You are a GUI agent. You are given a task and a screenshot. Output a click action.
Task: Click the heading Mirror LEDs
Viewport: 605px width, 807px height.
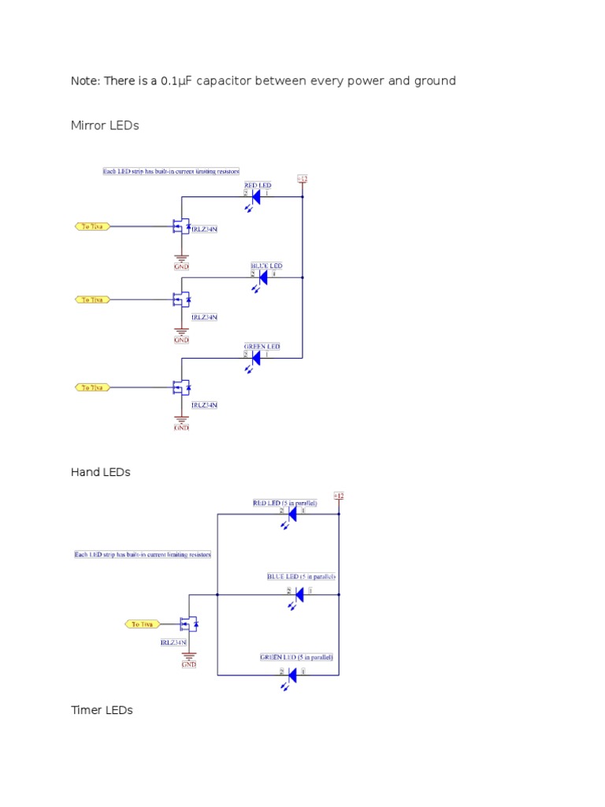click(105, 125)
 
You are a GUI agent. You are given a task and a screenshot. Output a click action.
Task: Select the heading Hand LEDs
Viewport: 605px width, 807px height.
click(100, 472)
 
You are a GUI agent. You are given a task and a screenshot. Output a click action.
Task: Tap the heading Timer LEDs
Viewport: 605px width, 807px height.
click(102, 710)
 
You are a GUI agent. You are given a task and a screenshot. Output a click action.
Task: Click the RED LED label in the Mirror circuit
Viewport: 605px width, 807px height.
click(257, 185)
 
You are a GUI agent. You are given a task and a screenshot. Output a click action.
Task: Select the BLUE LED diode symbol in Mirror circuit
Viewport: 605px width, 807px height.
click(262, 277)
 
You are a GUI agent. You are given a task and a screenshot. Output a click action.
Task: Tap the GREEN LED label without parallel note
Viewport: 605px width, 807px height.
click(261, 346)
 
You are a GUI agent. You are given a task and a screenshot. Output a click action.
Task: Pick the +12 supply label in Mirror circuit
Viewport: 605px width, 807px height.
click(302, 179)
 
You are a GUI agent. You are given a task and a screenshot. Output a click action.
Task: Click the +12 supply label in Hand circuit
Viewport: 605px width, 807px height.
click(339, 496)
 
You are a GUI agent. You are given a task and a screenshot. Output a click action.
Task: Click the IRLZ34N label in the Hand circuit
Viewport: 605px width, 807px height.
click(173, 642)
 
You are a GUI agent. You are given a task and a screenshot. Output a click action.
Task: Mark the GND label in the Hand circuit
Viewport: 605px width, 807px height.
click(189, 664)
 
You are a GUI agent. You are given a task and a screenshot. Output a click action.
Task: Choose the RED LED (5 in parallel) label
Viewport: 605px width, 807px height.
click(284, 502)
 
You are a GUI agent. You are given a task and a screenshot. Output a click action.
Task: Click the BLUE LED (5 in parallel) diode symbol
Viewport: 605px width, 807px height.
click(299, 593)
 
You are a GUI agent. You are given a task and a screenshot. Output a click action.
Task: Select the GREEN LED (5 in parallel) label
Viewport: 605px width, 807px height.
click(296, 656)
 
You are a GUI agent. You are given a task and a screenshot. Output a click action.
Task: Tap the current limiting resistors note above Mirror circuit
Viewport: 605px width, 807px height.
click(171, 170)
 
